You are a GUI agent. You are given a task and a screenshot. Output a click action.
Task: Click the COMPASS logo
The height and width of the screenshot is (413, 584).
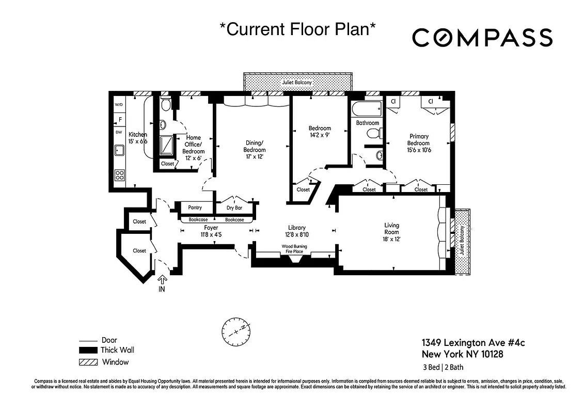click(x=482, y=38)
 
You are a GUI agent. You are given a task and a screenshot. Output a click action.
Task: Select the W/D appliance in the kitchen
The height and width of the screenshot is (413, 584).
click(x=119, y=105)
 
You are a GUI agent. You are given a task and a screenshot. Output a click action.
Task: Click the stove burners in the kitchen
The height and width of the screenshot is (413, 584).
click(x=119, y=175)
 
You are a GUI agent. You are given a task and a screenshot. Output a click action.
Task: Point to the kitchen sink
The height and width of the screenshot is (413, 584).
click(x=119, y=150)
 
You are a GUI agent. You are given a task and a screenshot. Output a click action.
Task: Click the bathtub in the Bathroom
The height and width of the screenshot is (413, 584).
click(x=366, y=109)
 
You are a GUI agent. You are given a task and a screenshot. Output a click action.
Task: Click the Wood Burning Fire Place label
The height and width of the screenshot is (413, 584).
click(x=294, y=249)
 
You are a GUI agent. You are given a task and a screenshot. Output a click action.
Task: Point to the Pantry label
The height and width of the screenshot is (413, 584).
click(x=195, y=208)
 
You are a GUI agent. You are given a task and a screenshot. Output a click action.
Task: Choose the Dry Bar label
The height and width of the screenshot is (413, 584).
click(x=234, y=208)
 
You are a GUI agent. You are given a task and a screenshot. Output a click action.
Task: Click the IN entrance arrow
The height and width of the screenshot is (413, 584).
click(x=162, y=283)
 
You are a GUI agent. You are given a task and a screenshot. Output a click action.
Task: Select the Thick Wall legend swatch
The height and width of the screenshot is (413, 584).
click(x=88, y=351)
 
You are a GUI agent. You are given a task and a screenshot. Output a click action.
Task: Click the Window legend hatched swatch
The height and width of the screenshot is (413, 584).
click(x=88, y=362)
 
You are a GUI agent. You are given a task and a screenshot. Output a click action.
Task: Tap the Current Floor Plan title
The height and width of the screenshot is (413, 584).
click(x=297, y=29)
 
